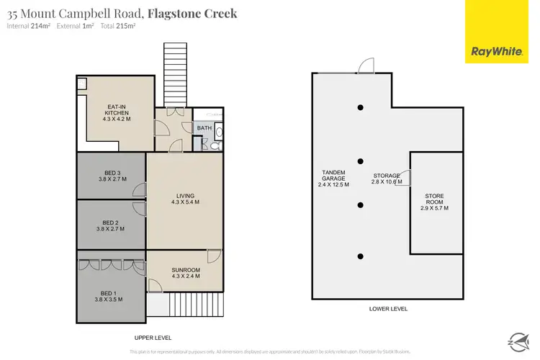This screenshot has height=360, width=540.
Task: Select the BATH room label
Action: (204, 128)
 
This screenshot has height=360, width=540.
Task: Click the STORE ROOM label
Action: (435, 204)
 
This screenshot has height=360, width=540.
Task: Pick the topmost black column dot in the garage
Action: (360, 108)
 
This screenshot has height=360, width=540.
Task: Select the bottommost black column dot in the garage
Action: (360, 256)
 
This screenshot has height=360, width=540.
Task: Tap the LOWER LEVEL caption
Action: (389, 308)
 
